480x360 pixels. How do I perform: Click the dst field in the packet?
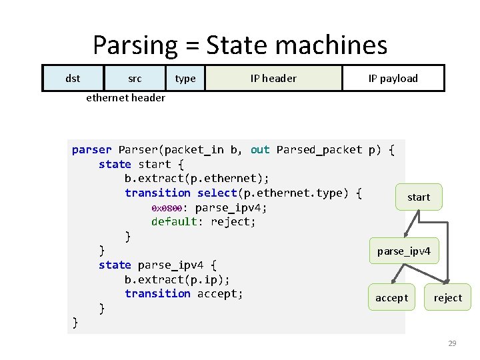(x=73, y=78)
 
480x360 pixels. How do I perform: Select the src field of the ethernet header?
(x=135, y=78)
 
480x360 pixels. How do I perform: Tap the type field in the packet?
(x=185, y=78)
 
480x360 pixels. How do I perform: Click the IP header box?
(x=273, y=78)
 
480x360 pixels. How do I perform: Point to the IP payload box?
(x=393, y=78)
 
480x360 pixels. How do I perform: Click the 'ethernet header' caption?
(x=125, y=97)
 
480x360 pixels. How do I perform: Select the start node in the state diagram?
(x=418, y=197)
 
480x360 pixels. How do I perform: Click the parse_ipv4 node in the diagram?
(x=404, y=251)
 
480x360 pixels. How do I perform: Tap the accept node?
(x=391, y=297)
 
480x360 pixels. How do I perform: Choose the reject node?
(x=447, y=297)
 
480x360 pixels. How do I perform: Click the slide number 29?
(x=452, y=343)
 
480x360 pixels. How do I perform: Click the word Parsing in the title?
(x=135, y=45)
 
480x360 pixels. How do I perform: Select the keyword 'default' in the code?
(x=174, y=221)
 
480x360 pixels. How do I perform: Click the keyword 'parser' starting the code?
(x=91, y=150)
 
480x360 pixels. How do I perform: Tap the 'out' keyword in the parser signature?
(x=260, y=150)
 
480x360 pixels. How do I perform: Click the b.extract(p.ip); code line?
(x=177, y=279)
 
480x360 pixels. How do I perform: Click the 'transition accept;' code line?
(x=184, y=293)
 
